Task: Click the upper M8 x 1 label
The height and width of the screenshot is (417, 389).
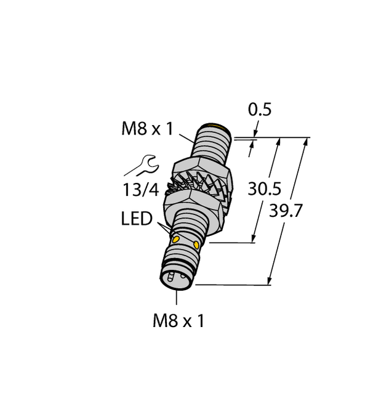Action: (x=148, y=129)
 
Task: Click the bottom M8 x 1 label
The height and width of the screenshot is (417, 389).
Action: (x=177, y=321)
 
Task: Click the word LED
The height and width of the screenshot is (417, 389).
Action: (x=137, y=219)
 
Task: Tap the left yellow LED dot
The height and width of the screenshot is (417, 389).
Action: (x=177, y=238)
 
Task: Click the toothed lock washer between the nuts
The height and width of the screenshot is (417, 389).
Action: (x=197, y=186)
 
